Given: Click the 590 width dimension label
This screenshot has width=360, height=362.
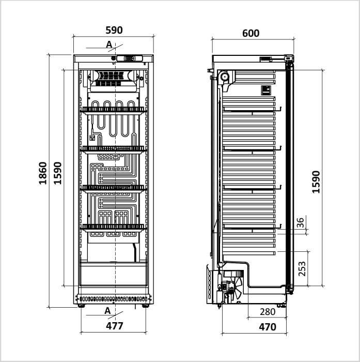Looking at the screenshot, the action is pos(114,30).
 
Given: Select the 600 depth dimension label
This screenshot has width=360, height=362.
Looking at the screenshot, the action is pos(251,34).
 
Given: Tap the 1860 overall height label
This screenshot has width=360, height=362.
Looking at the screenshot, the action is pos(43,173).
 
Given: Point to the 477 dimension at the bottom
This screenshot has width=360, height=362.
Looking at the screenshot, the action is pos(114,326).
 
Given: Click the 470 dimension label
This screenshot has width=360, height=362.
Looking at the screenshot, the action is pos(268,327).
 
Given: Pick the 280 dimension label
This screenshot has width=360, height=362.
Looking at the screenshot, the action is pos(268,312).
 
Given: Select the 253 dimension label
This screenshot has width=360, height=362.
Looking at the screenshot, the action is pos(302,269).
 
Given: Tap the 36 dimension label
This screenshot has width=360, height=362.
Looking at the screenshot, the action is pos(300,222).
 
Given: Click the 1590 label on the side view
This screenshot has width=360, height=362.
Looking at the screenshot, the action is pos(316,182).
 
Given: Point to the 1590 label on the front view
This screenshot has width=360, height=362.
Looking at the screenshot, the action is pos(58,173).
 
